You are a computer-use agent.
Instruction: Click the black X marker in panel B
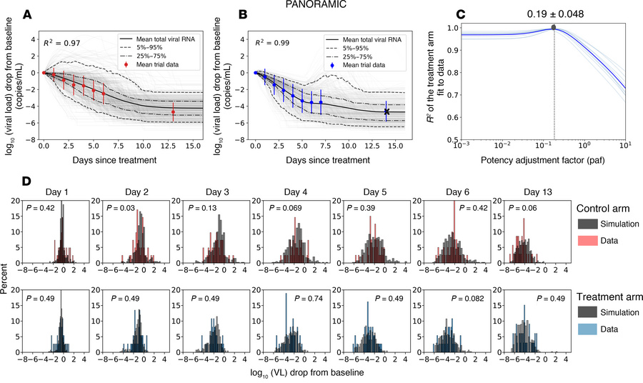tap(387, 111)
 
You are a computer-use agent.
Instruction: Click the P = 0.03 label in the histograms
tap(117, 208)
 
